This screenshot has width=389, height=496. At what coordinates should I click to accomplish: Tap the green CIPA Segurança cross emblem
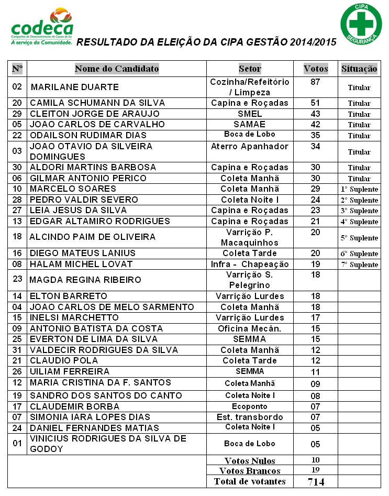pos(361,23)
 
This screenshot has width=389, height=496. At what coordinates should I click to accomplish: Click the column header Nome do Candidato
pos(116,69)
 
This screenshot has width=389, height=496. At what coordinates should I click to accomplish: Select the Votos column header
pos(316,69)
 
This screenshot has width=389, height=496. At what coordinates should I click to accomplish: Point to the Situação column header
pos(359,69)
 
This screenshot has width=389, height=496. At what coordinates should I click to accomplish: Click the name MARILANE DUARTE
pos(74,87)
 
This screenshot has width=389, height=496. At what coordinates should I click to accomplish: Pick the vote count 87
pos(315,82)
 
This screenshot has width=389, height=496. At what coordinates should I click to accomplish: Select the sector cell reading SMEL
pos(249,114)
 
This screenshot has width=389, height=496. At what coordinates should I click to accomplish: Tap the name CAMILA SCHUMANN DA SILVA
pos(97,103)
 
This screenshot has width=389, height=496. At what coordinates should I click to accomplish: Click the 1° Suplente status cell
pos(359,189)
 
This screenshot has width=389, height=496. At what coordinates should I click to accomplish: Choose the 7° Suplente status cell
pos(359,264)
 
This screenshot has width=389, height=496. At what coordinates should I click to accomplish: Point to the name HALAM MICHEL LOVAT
pos(81,264)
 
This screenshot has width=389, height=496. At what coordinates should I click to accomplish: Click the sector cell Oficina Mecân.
pos(249,328)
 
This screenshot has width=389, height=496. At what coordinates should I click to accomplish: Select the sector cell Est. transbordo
pos(250,417)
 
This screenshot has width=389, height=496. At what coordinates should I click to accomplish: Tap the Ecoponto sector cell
pos(250,406)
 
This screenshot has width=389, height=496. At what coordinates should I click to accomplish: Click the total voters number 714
pos(316,482)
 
